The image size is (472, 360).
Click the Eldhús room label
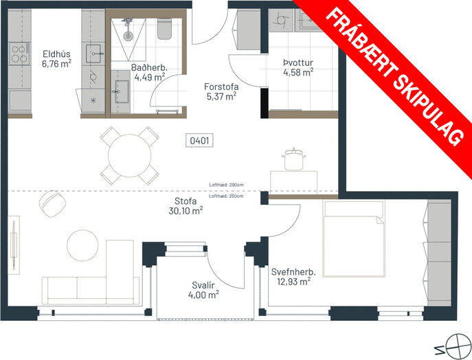point(56,54)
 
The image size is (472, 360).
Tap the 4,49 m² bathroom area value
point(150,77)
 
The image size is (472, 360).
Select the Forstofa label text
point(221,87)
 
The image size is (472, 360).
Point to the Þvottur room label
point(298,63)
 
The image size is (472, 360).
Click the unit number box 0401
point(199,141)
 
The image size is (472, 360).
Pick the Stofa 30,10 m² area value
point(186,211)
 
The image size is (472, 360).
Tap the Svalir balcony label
point(203,285)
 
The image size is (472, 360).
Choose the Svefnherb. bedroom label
point(293,272)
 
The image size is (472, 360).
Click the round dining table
point(129,156)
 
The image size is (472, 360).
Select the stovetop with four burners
point(19,54)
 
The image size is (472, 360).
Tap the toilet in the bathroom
point(165,29)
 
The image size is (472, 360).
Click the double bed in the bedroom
point(354,238)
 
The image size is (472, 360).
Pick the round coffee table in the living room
point(82,245)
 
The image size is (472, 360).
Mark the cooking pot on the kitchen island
point(294,159)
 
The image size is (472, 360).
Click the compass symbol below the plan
point(458,346)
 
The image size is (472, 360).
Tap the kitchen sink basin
point(93,54)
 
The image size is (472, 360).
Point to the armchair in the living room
point(52,204)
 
